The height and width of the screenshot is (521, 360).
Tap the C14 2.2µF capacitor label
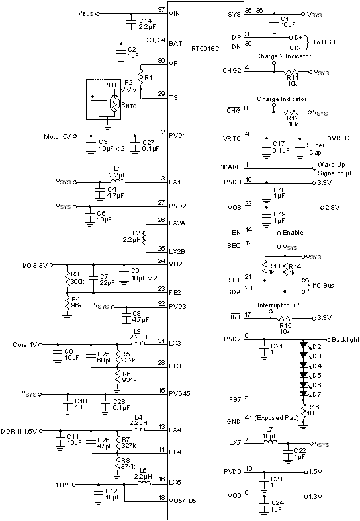point(146,24)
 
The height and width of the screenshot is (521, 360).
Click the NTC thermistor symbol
point(116,104)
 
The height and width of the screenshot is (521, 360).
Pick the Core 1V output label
point(26,344)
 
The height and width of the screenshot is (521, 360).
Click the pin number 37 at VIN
point(161,9)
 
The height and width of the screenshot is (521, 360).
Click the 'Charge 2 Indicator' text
point(283,56)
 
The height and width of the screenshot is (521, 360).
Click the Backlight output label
point(345,340)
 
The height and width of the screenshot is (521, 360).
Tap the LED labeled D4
point(316,366)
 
